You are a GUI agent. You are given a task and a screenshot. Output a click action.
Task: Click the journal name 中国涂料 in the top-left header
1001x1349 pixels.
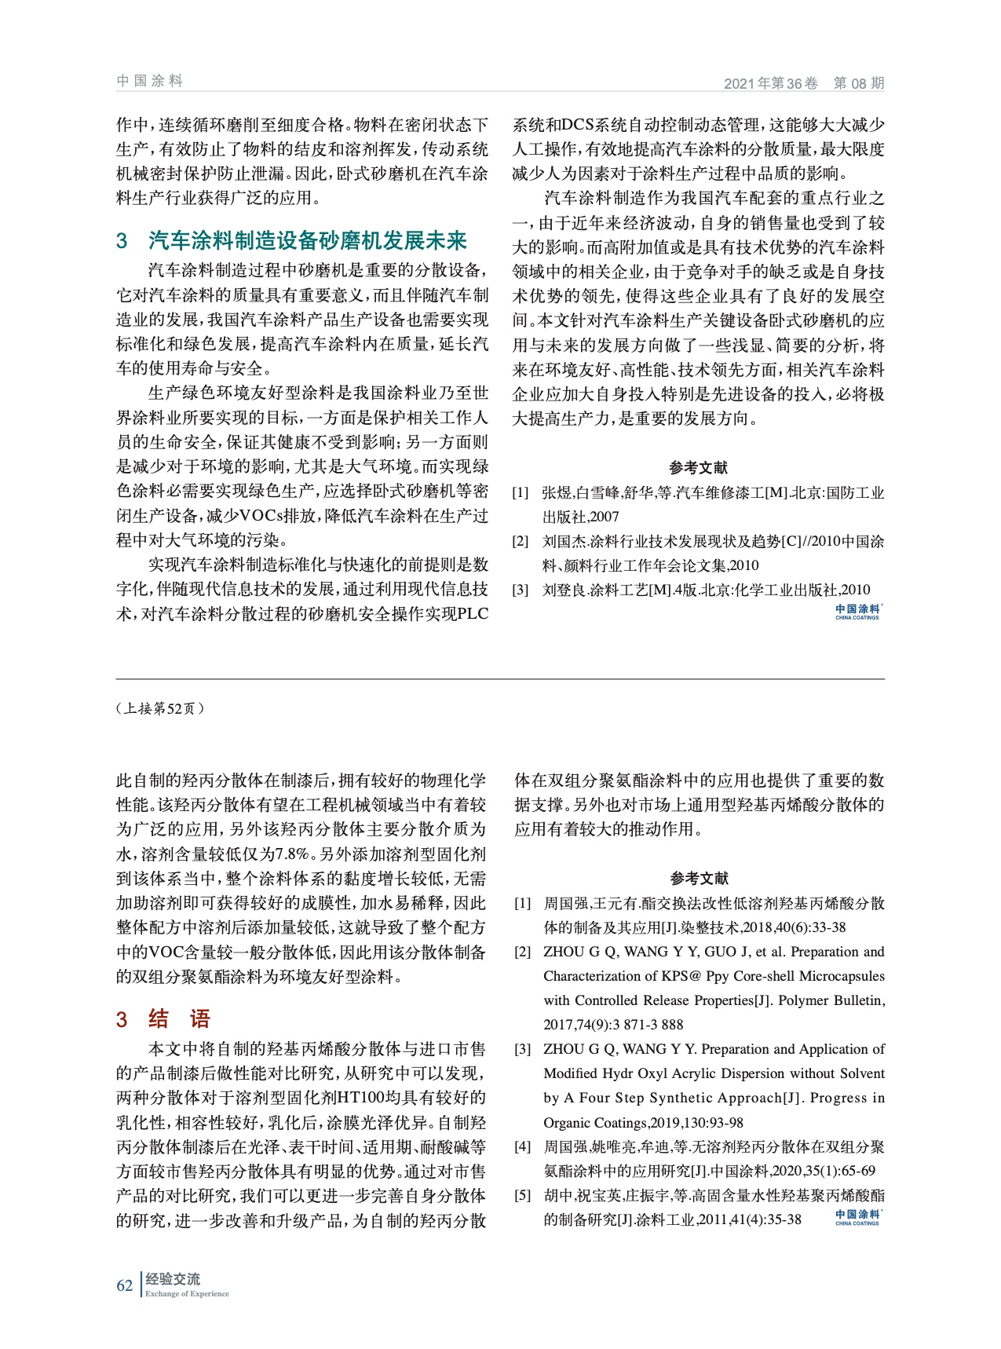pyautogui.click(x=149, y=81)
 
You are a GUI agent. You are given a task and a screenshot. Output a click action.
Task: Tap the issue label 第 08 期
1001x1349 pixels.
pyautogui.click(x=858, y=83)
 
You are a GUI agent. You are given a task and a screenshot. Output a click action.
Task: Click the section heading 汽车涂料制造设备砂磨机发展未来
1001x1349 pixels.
pyautogui.click(x=307, y=240)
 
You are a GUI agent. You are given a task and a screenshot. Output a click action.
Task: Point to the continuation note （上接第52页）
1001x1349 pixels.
pyautogui.click(x=160, y=708)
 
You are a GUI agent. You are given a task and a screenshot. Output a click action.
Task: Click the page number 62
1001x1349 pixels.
pyautogui.click(x=124, y=1285)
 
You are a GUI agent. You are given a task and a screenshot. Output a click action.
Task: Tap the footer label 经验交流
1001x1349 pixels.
pyautogui.click(x=173, y=1279)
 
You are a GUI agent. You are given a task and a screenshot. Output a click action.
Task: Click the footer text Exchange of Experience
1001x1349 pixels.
pyautogui.click(x=187, y=1294)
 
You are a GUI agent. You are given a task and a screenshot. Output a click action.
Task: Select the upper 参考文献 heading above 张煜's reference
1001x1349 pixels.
pyautogui.click(x=698, y=468)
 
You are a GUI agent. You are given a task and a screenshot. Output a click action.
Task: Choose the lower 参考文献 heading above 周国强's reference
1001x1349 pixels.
pyautogui.click(x=699, y=879)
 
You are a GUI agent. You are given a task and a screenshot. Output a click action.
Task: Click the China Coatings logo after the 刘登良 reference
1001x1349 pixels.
pyautogui.click(x=857, y=612)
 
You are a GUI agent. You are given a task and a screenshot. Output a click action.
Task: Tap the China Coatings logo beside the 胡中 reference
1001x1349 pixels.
pyautogui.click(x=857, y=1217)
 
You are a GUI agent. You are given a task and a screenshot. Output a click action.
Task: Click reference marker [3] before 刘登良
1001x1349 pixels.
pyautogui.click(x=521, y=590)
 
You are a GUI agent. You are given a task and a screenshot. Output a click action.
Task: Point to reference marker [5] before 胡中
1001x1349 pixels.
pyautogui.click(x=522, y=1195)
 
